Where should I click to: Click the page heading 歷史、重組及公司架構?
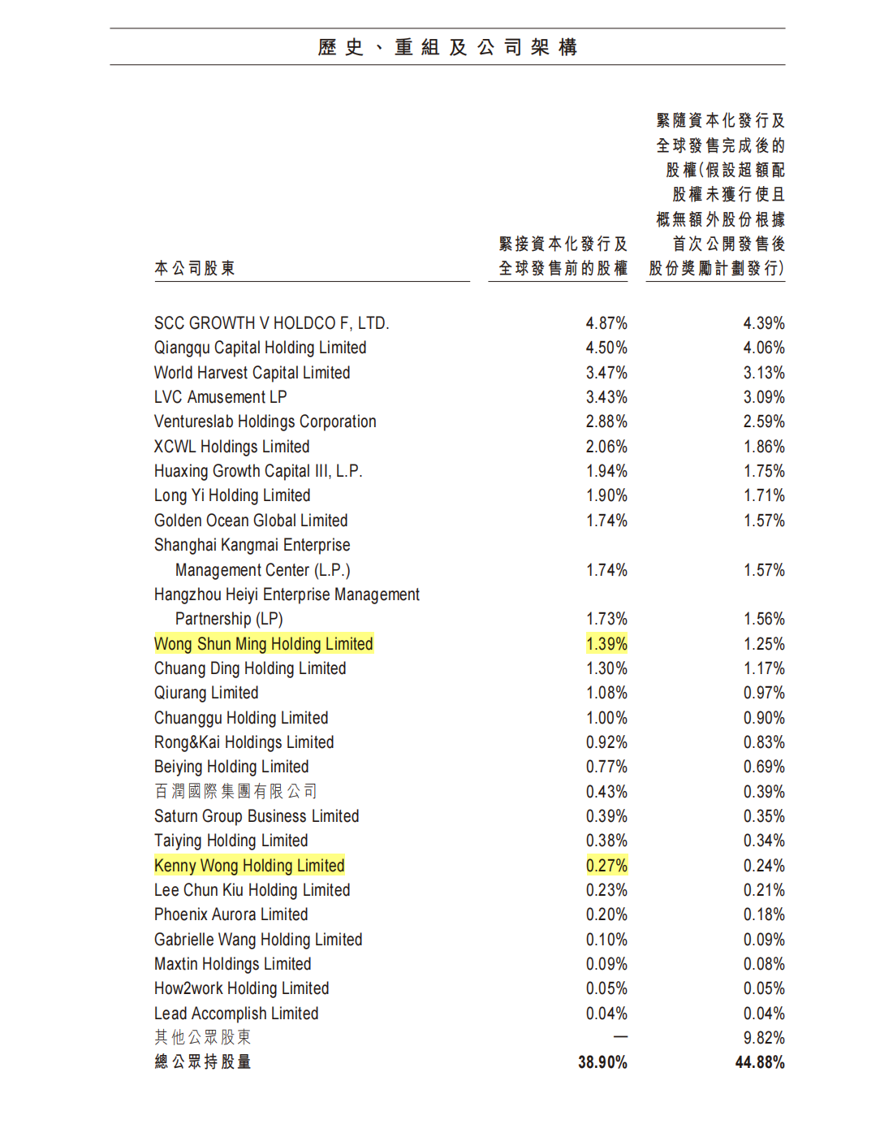(x=447, y=47)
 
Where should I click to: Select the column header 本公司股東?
(x=195, y=268)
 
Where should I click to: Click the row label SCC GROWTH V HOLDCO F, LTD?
(x=271, y=323)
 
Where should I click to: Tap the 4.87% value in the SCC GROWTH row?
(x=606, y=323)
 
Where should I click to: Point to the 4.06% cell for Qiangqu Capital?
(x=764, y=348)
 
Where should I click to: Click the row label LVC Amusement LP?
(x=220, y=397)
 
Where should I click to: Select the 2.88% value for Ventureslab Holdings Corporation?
(x=606, y=422)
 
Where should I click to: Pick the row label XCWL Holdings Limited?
(x=231, y=447)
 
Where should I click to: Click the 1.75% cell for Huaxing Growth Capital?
(x=764, y=471)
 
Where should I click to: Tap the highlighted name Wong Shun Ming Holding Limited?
(x=263, y=644)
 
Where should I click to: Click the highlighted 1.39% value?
(x=606, y=644)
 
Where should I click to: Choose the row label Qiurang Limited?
(x=206, y=693)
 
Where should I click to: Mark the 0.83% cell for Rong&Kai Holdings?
(x=764, y=742)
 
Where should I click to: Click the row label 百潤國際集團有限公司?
(x=235, y=791)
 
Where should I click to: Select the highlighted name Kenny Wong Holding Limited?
(x=249, y=866)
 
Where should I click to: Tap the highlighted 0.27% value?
(x=606, y=866)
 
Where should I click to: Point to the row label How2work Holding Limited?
(x=241, y=988)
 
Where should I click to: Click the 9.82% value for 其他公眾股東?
(x=764, y=1038)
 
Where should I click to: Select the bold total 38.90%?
(x=602, y=1062)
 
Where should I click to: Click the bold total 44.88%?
(x=760, y=1062)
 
